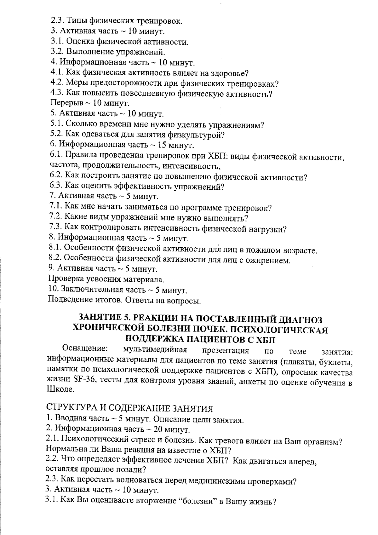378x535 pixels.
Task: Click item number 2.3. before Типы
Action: click(x=57, y=21)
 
